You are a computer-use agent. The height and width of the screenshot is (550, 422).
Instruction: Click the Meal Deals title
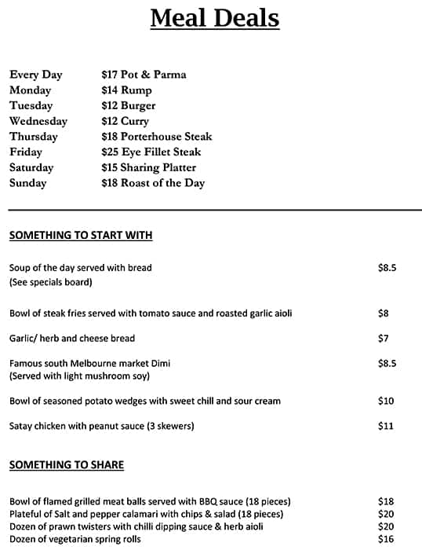tap(214, 17)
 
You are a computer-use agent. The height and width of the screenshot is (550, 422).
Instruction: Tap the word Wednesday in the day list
tap(38, 121)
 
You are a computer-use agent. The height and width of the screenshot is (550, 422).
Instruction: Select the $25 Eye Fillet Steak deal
tap(151, 152)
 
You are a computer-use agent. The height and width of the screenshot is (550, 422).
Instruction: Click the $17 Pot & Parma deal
tap(144, 75)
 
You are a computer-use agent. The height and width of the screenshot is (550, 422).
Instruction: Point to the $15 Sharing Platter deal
tap(148, 167)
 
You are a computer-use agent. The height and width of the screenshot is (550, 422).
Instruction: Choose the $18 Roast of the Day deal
tap(152, 183)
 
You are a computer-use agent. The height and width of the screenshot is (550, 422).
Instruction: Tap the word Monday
tap(31, 90)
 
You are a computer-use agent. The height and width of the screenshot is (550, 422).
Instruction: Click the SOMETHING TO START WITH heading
tap(81, 235)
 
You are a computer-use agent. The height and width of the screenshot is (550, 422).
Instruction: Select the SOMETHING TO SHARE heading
tap(67, 464)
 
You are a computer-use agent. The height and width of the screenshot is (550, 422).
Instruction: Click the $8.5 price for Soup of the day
tap(387, 267)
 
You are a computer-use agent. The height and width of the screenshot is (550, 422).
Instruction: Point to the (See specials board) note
tap(50, 281)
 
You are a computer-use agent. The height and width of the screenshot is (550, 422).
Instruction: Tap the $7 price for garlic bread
tap(384, 338)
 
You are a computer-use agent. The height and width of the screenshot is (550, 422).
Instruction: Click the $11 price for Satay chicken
tap(385, 426)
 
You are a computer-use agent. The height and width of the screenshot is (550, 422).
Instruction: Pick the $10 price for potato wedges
tap(385, 401)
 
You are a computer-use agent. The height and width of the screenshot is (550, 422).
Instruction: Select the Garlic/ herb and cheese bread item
tap(72, 338)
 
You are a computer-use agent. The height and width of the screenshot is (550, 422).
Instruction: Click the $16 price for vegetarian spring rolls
tap(385, 539)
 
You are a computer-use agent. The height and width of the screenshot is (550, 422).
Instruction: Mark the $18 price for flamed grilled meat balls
tap(385, 501)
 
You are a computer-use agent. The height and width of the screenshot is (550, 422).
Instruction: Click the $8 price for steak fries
tap(384, 313)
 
